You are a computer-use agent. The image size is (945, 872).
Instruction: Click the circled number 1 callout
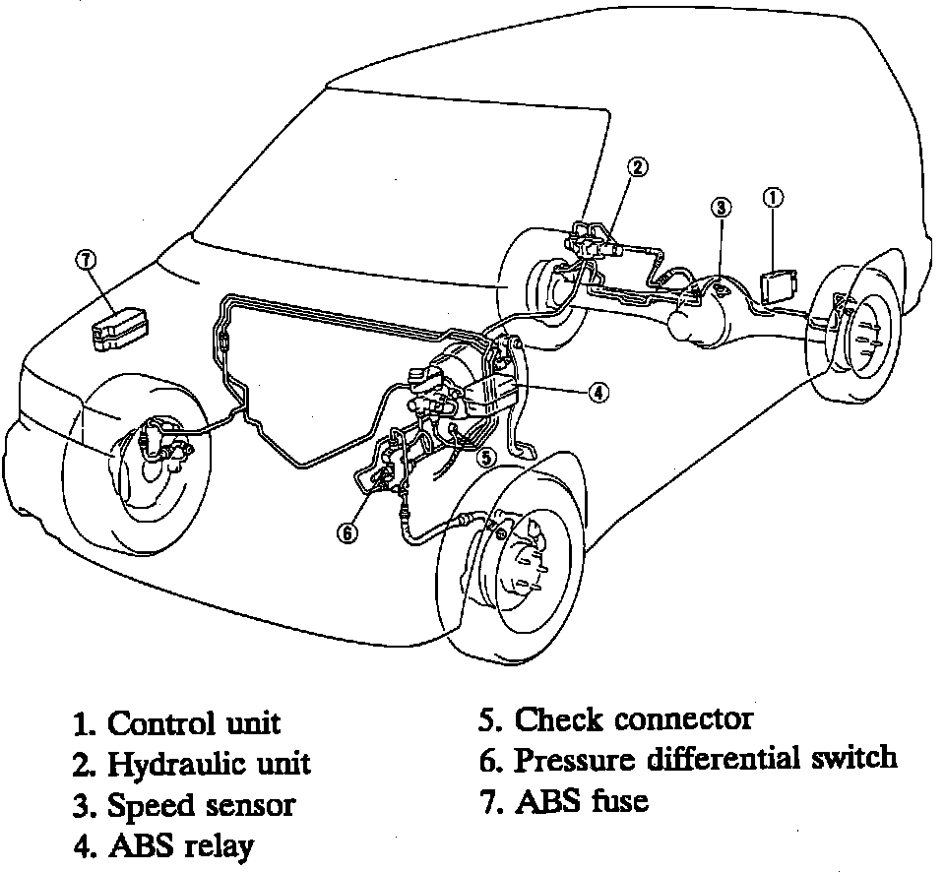click(773, 197)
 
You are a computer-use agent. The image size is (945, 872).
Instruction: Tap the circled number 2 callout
click(638, 167)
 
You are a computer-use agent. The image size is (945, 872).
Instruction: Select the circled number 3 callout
click(722, 208)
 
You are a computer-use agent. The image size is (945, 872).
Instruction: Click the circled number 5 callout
click(485, 457)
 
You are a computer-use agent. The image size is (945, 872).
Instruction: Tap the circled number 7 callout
click(87, 260)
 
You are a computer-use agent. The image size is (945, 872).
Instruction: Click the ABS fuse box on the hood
click(120, 327)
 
